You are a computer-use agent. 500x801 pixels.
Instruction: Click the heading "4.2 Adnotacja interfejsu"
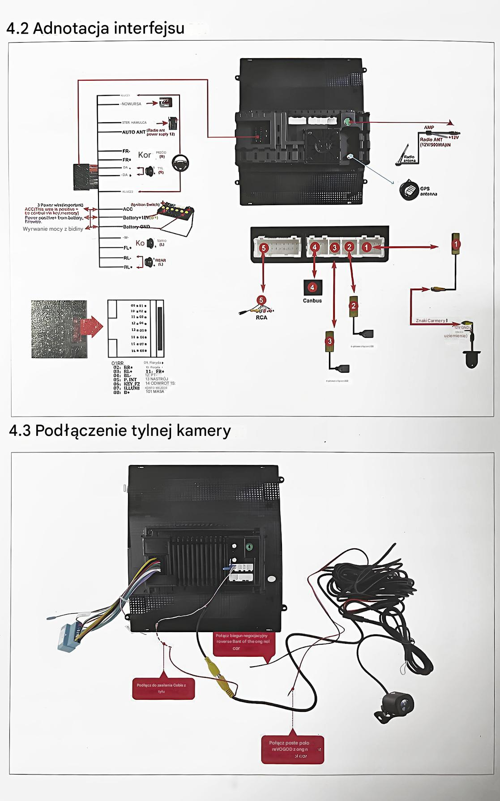point(95,28)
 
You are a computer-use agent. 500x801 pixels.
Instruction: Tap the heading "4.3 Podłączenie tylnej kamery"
point(120,430)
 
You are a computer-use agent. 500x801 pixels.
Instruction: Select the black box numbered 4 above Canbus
point(312,287)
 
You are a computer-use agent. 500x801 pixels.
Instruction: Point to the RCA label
point(261,318)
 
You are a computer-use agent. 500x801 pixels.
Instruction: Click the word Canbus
point(312,301)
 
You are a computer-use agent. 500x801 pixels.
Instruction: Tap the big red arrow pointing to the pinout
point(90,324)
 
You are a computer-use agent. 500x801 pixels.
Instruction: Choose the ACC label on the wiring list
point(128,209)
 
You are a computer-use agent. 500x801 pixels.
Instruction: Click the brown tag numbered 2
point(354,306)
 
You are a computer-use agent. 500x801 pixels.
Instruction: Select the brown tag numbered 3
point(330,341)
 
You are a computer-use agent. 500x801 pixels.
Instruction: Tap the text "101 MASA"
point(155,392)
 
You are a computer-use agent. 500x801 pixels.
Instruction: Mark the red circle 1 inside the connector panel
point(367,247)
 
